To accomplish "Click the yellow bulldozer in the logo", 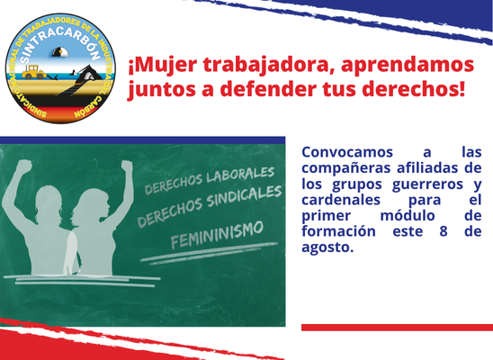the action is tap(34, 72).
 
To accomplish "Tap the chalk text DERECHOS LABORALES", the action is tap(210, 180).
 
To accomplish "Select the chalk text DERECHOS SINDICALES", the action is tap(210, 207).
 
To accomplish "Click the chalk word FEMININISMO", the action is tap(217, 235).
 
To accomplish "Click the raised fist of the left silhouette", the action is tap(24, 166).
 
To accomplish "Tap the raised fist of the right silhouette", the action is tap(127, 166).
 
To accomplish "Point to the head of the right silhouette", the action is tap(93, 205).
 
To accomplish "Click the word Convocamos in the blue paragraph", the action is tap(347, 152).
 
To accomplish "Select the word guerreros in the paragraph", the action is tap(427, 184).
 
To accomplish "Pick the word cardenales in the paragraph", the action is tap(341, 200).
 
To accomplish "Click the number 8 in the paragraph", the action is tap(444, 231).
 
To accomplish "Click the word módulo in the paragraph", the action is tap(408, 216).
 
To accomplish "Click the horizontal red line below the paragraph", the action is tap(397, 328).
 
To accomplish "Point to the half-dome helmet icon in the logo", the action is tap(60, 52).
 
